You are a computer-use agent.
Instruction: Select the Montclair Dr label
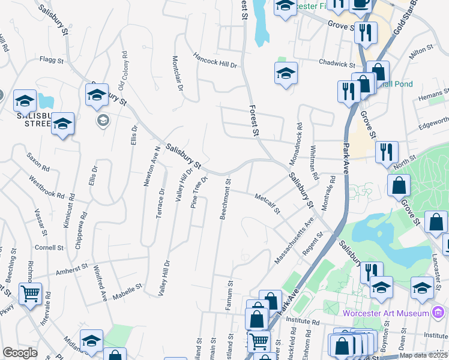[x=177, y=73]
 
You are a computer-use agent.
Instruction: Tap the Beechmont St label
[x=224, y=199]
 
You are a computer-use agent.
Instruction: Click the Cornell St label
[x=49, y=247]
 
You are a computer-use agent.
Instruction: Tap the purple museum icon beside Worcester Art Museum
[x=439, y=313]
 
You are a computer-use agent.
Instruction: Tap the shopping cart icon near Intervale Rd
[x=30, y=293]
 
